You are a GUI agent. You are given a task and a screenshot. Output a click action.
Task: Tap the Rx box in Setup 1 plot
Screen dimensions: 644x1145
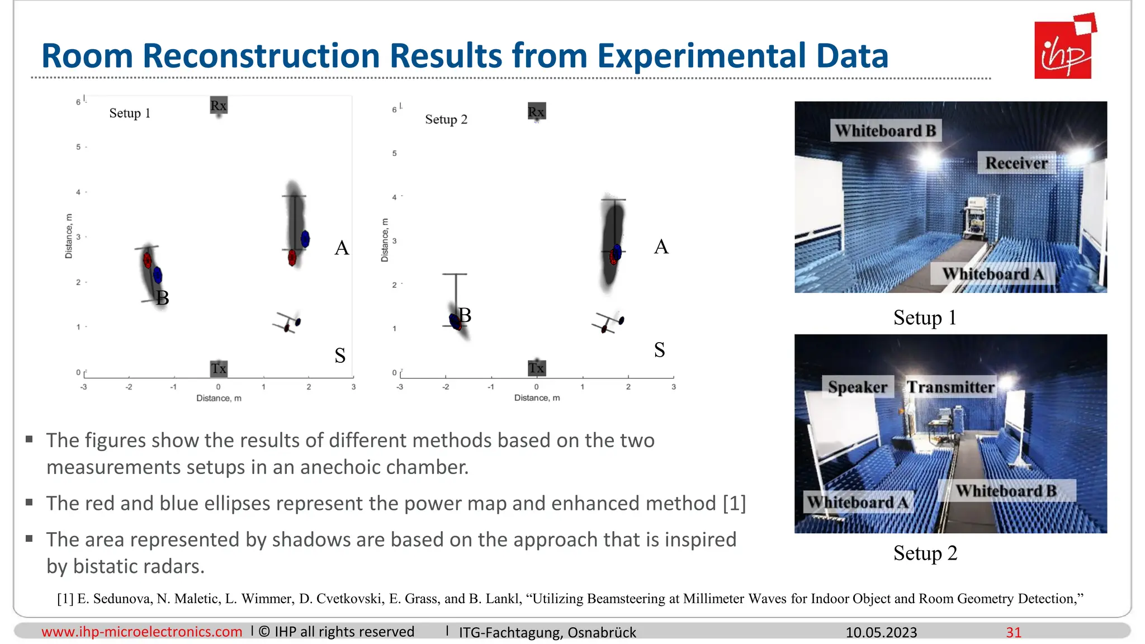(x=219, y=105)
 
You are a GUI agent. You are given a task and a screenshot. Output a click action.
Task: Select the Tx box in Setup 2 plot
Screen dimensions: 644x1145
(x=536, y=368)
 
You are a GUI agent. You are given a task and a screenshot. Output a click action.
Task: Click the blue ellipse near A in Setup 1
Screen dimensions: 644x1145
(x=305, y=239)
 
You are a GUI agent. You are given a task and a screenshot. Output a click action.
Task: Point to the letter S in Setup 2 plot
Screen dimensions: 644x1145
(x=660, y=350)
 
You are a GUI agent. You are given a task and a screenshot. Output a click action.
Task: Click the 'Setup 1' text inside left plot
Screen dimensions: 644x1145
(x=130, y=113)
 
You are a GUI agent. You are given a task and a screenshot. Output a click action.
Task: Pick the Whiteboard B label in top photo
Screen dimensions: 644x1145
(x=885, y=131)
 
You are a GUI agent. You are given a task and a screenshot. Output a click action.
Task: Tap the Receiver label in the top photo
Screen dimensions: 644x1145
(x=1016, y=163)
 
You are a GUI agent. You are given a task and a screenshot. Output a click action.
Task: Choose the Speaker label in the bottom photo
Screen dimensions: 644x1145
(x=857, y=387)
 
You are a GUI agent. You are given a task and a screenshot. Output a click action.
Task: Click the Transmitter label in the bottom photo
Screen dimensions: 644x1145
(x=950, y=387)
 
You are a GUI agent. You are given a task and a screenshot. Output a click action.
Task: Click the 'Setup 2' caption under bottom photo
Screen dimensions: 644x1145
(x=925, y=553)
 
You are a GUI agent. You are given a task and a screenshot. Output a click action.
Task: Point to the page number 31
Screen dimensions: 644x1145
(x=1014, y=632)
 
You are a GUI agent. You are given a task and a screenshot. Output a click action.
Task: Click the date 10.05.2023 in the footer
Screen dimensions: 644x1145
(x=881, y=632)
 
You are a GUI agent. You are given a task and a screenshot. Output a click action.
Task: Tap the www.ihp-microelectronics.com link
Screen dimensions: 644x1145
(x=142, y=632)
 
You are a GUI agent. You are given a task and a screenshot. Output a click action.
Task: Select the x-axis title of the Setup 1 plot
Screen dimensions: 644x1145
(x=219, y=398)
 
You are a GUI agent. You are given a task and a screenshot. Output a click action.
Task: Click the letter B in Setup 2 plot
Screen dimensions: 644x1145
(x=465, y=315)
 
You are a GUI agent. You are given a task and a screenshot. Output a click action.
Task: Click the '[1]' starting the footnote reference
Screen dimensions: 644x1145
(x=65, y=599)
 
